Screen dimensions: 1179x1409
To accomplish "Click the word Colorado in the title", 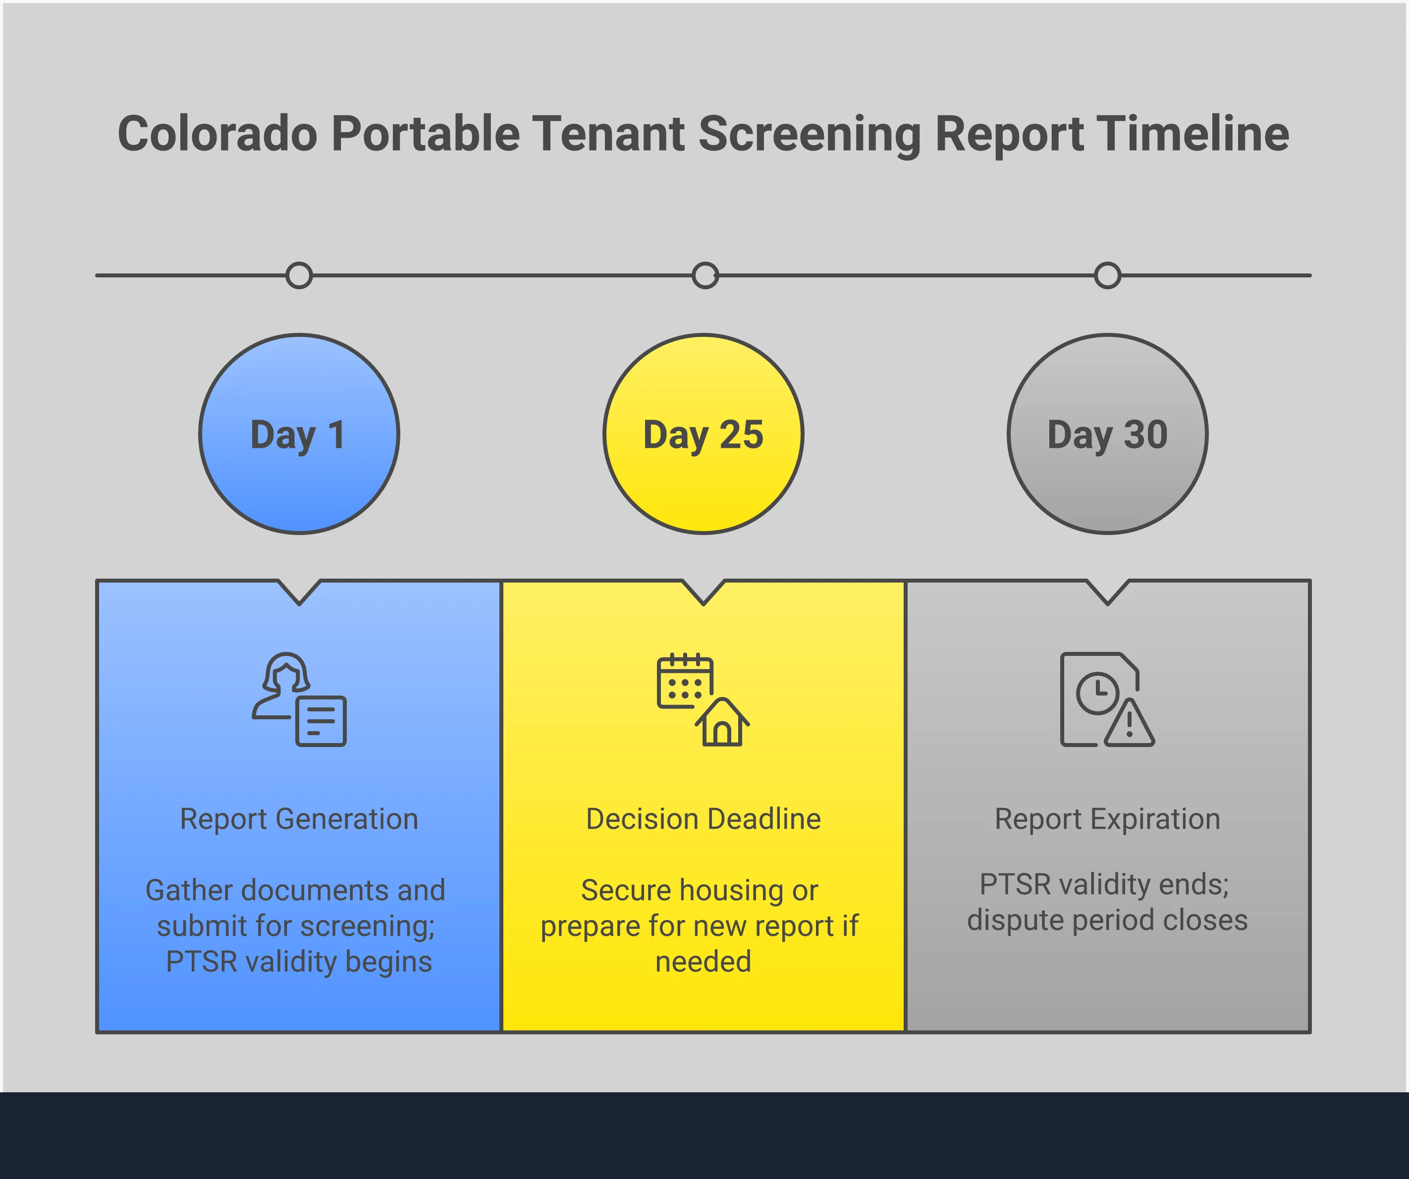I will pyautogui.click(x=217, y=134).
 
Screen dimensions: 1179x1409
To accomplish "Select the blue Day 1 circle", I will pyautogui.click(x=299, y=434).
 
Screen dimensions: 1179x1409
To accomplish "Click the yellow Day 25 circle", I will pyautogui.click(x=703, y=434).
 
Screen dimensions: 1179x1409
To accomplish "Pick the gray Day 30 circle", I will pyautogui.click(x=1107, y=434).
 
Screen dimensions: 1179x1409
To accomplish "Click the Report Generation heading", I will pyautogui.click(x=299, y=819).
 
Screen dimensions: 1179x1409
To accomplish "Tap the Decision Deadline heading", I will pyautogui.click(x=703, y=819).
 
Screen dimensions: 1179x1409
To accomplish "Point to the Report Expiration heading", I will pyautogui.click(x=1107, y=819).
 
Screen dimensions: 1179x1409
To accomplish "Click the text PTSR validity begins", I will pyautogui.click(x=299, y=962).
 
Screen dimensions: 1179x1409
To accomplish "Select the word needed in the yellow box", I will pyautogui.click(x=703, y=962).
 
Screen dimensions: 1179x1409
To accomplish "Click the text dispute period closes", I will pyautogui.click(x=1107, y=920).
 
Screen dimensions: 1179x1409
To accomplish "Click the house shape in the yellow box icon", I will pyautogui.click(x=722, y=723).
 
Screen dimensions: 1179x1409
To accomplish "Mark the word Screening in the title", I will pyautogui.click(x=810, y=134).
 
